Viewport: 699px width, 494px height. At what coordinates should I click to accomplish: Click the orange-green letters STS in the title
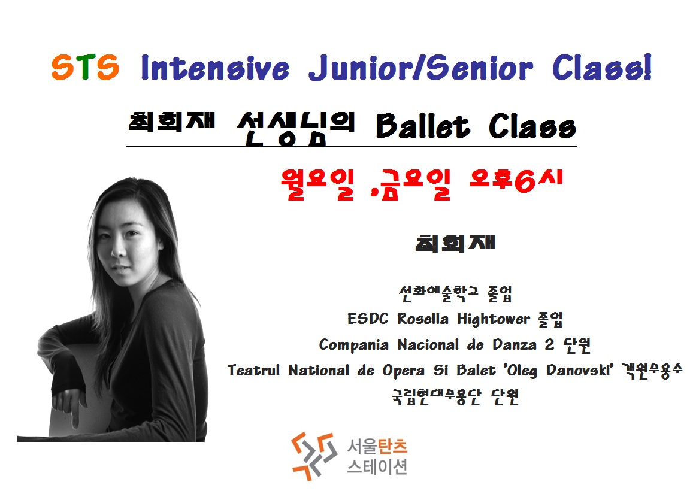[x=85, y=68]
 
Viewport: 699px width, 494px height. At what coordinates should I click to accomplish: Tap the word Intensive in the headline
[x=215, y=68]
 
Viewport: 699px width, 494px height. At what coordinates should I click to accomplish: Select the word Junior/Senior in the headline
[x=420, y=68]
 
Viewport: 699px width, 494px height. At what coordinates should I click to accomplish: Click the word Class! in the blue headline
[x=602, y=68]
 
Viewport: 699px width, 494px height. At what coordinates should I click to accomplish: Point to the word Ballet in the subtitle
[x=423, y=126]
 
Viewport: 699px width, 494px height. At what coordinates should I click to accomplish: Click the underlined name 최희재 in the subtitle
[x=172, y=121]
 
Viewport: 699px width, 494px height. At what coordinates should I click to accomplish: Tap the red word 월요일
[x=317, y=184]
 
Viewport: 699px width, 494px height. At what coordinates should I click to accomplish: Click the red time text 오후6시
[x=516, y=181]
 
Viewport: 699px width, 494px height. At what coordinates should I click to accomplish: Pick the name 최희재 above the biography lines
[x=455, y=244]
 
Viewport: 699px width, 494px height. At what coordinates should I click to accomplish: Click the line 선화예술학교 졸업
[x=455, y=293]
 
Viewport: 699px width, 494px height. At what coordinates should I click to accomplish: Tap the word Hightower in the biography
[x=494, y=319]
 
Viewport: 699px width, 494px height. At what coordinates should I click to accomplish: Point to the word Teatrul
[x=253, y=370]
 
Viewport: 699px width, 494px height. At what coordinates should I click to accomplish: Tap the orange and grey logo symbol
[x=314, y=456]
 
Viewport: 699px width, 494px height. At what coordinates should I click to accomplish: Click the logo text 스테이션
[x=377, y=467]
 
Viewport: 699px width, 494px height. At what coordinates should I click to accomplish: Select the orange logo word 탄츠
[x=392, y=446]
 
